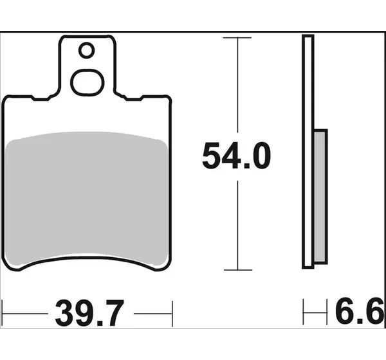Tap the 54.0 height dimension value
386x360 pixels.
click(x=236, y=156)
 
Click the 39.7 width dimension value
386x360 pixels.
click(x=89, y=313)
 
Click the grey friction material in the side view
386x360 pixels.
click(x=321, y=196)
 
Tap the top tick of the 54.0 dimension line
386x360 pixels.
click(x=237, y=38)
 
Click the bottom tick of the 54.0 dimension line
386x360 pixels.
click(x=238, y=270)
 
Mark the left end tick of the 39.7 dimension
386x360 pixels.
click(x=2, y=313)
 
